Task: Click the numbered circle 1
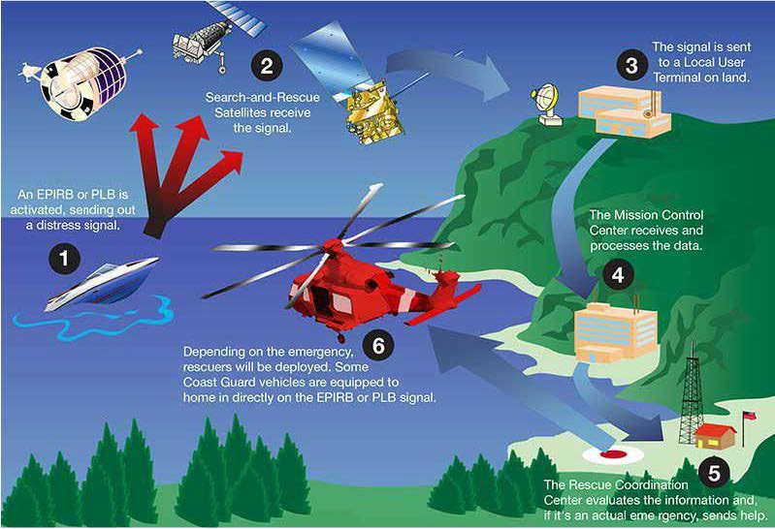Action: (x=63, y=259)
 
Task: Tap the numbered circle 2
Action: (x=267, y=66)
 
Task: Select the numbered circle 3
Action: (x=631, y=66)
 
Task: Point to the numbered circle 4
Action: (x=618, y=275)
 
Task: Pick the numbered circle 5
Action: (x=714, y=473)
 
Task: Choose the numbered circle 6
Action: (x=378, y=345)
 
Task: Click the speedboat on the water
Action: (x=102, y=284)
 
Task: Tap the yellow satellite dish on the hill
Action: (x=547, y=105)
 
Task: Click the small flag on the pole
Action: (x=750, y=416)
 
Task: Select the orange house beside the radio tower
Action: (x=715, y=436)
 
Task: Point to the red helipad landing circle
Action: (x=613, y=454)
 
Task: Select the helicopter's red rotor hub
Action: (x=333, y=245)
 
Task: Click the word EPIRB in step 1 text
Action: (x=55, y=194)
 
